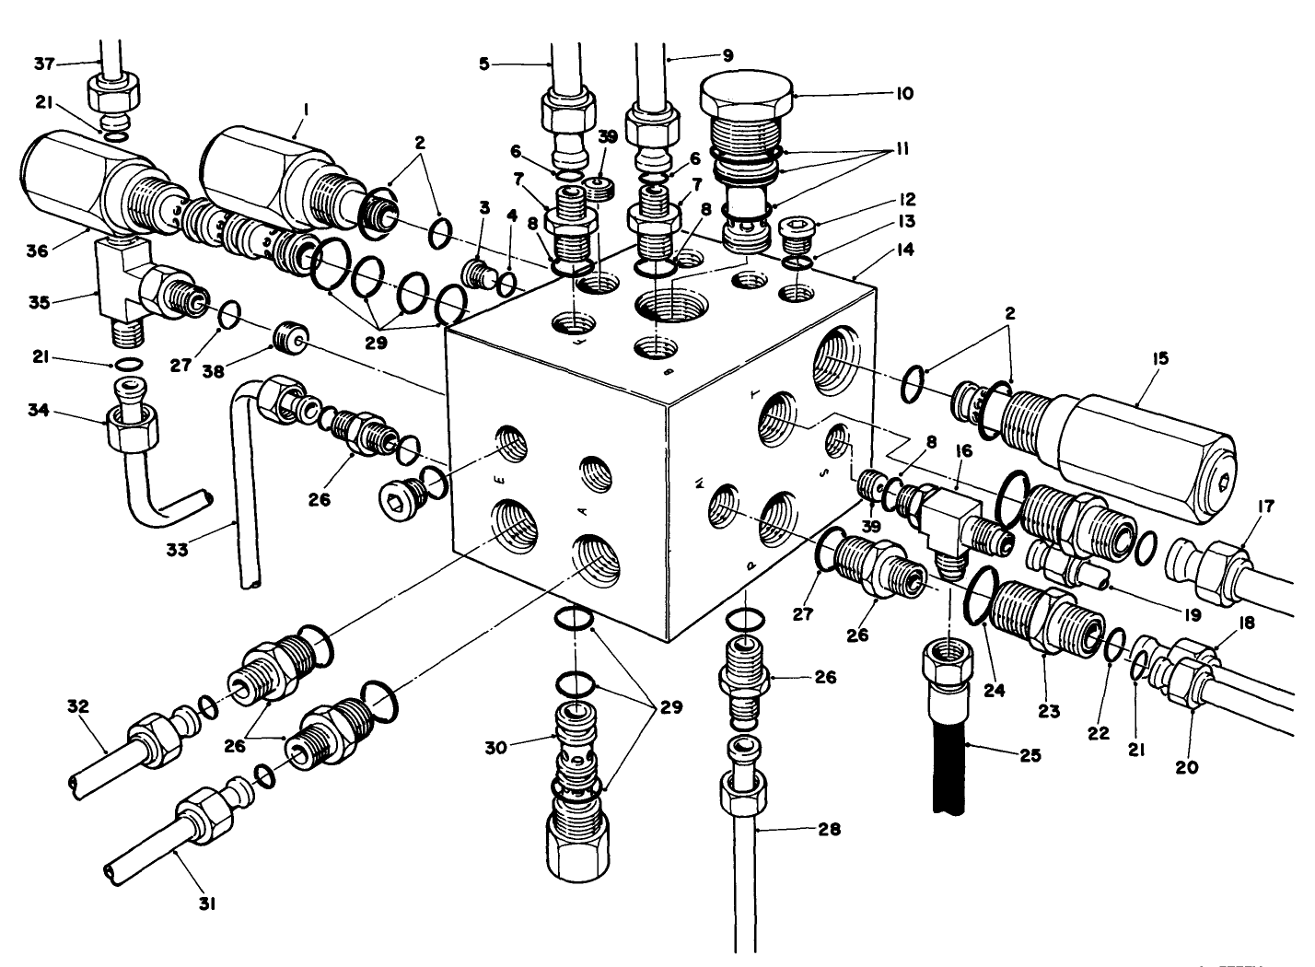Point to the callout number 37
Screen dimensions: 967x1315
click(x=43, y=63)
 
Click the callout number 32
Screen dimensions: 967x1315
click(x=78, y=707)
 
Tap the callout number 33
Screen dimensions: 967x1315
click(x=177, y=549)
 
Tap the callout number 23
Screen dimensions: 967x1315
click(x=1048, y=711)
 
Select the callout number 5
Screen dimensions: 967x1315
click(x=485, y=64)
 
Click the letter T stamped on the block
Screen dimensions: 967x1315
click(x=755, y=393)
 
